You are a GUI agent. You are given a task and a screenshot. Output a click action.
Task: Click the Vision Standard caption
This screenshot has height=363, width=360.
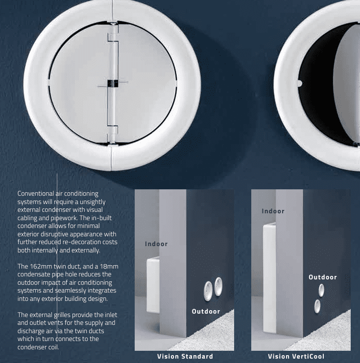pyautogui.click(x=185, y=356)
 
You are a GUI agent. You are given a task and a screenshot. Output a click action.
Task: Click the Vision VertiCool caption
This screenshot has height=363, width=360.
pyautogui.click(x=296, y=356)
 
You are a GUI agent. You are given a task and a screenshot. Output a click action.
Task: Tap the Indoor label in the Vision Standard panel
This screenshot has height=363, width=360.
pyautogui.click(x=156, y=244)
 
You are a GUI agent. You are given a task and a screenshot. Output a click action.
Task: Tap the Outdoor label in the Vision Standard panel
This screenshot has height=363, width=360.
pyautogui.click(x=206, y=311)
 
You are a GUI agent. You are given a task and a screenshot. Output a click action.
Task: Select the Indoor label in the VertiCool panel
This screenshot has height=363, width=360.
pyautogui.click(x=273, y=211)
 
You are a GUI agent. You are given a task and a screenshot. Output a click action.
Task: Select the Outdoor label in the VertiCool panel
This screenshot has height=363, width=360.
pyautogui.click(x=323, y=277)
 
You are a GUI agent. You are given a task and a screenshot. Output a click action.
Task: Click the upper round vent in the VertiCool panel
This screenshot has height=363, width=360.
pyautogui.click(x=321, y=290)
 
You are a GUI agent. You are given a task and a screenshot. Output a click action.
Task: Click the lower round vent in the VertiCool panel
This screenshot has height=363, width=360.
pyautogui.click(x=317, y=306)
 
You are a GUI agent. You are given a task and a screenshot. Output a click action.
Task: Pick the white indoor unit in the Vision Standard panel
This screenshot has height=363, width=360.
pyautogui.click(x=153, y=285)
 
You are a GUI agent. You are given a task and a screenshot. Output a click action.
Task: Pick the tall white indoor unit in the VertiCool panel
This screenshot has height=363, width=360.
pyautogui.click(x=269, y=278)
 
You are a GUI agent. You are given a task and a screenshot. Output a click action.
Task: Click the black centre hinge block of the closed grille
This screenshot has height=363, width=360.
pyautogui.click(x=113, y=84)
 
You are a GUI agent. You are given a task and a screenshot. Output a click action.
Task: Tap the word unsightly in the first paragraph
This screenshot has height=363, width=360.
pyautogui.click(x=93, y=202)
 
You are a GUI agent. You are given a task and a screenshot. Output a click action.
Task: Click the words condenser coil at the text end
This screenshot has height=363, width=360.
pyautogui.click(x=38, y=347)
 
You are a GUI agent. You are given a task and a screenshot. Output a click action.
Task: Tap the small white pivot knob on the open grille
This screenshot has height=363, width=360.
pyautogui.click(x=299, y=83)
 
